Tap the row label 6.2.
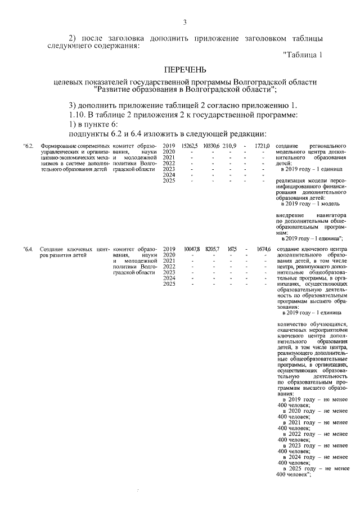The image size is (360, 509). tap(29, 146)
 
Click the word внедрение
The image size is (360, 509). tap(290, 215)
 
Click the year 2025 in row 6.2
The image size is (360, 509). tap(169, 181)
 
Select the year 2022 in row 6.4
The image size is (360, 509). tap(169, 267)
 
